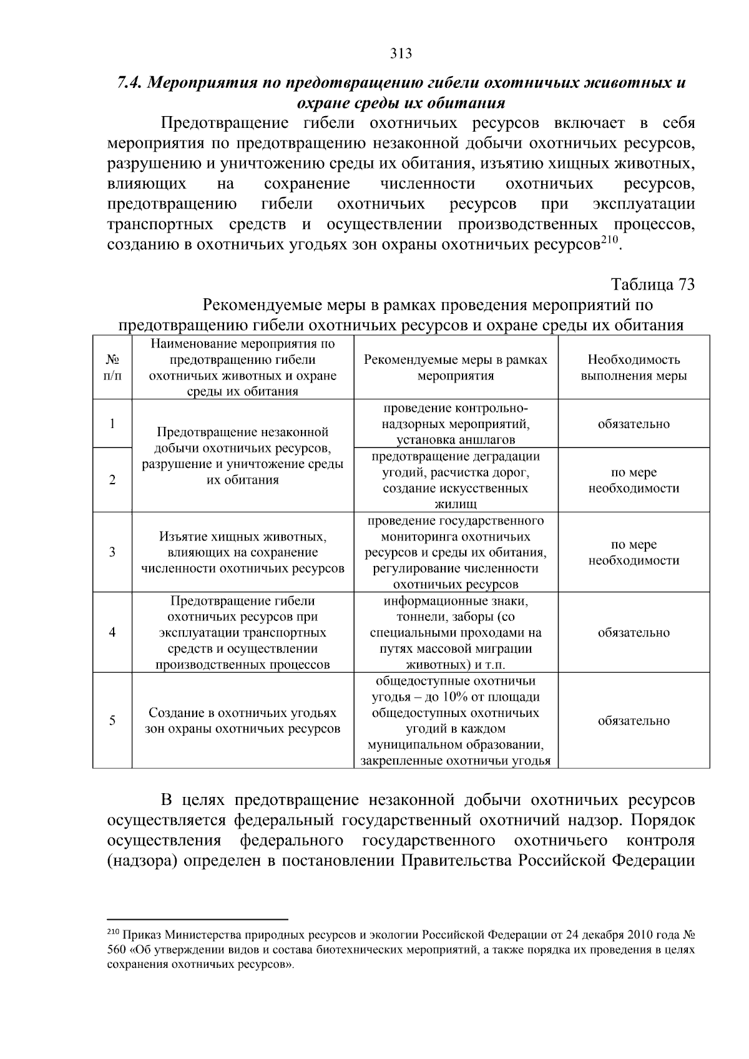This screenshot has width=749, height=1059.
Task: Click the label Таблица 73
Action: click(x=652, y=285)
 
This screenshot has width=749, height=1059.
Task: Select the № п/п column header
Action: click(x=112, y=368)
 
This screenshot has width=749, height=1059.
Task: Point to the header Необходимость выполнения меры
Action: click(x=634, y=368)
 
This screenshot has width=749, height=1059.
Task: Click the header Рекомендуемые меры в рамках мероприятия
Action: click(x=456, y=368)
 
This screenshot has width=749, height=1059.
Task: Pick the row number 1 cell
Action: click(x=112, y=424)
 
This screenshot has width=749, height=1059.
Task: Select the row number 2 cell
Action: click(x=112, y=480)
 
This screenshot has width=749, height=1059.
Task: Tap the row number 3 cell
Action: click(x=112, y=552)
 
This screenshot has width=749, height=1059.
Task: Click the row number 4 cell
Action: click(x=112, y=632)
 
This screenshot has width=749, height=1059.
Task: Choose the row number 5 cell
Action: click(x=112, y=721)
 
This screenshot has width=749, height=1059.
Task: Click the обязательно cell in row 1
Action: click(x=634, y=424)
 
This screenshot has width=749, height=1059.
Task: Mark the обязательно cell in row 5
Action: click(x=634, y=721)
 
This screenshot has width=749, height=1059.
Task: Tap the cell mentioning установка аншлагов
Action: click(x=456, y=424)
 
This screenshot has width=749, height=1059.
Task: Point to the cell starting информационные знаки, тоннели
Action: click(x=456, y=632)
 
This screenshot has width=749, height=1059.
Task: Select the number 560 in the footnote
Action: click(x=116, y=950)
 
